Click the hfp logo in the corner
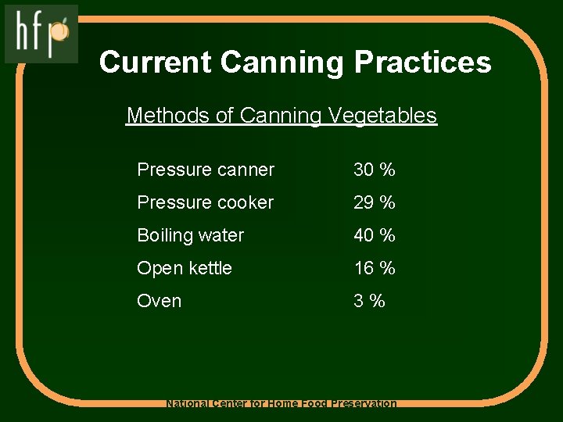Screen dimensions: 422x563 [x=41, y=33]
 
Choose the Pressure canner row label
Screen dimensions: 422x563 [x=206, y=170]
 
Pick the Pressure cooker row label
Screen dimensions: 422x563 [x=205, y=202]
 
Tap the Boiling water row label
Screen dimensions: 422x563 [x=190, y=235]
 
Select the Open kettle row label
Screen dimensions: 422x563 [x=185, y=268]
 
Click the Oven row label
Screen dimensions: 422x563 [x=159, y=301]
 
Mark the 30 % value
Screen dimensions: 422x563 [x=375, y=170]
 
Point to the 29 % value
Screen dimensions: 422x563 [x=375, y=202]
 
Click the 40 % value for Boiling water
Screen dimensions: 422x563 [x=375, y=235]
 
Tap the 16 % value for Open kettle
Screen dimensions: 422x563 [x=375, y=268]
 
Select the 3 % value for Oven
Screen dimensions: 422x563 [x=370, y=301]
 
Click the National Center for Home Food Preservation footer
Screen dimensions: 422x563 [x=281, y=404]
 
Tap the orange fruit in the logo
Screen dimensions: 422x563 [x=61, y=31]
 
